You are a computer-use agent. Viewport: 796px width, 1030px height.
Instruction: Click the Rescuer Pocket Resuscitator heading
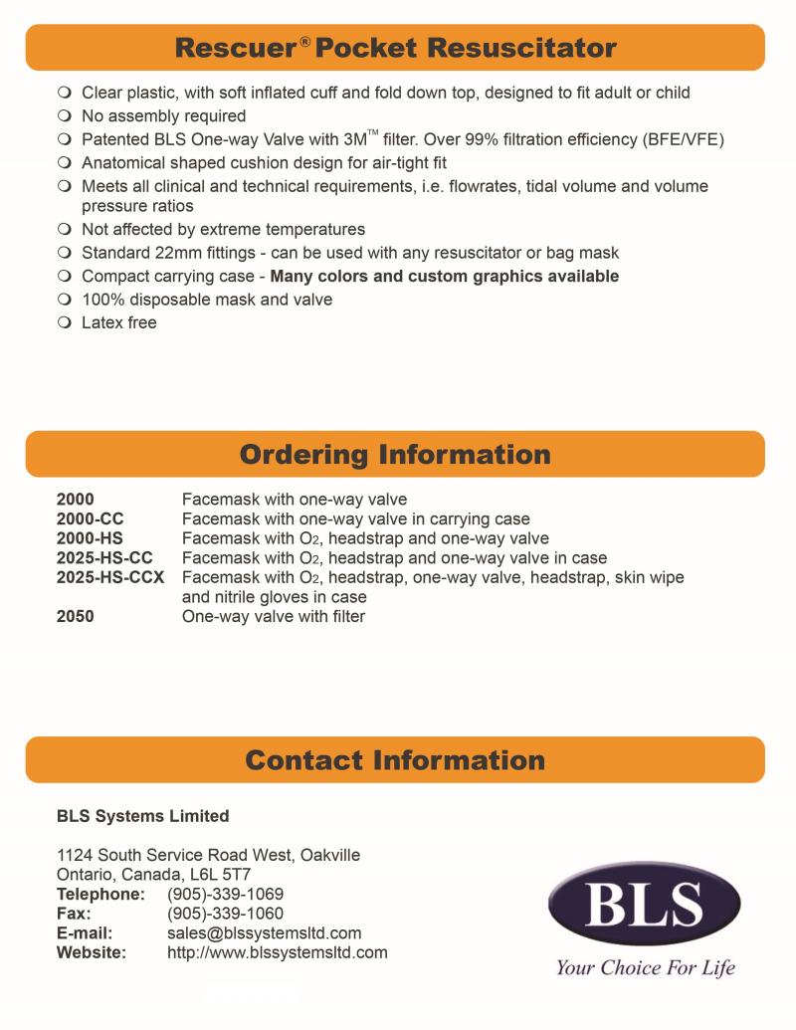pyautogui.click(x=395, y=47)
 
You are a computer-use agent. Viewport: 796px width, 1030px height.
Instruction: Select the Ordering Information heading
pyautogui.click(x=395, y=455)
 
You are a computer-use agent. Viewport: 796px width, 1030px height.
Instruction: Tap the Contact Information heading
pyautogui.click(x=395, y=760)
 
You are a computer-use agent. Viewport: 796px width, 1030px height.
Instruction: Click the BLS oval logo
pyautogui.click(x=644, y=904)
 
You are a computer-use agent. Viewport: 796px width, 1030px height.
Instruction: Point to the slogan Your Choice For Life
pyautogui.click(x=645, y=967)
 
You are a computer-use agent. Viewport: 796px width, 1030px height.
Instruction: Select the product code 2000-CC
pyautogui.click(x=91, y=518)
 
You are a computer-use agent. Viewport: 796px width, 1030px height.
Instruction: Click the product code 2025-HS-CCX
pyautogui.click(x=110, y=577)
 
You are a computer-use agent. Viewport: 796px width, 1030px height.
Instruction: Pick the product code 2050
pyautogui.click(x=76, y=616)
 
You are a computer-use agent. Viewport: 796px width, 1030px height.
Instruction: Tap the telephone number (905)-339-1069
pyautogui.click(x=225, y=894)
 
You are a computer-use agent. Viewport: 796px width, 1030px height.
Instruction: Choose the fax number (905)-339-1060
pyautogui.click(x=225, y=914)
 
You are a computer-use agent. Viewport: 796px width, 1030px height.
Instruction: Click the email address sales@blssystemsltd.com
pyautogui.click(x=264, y=933)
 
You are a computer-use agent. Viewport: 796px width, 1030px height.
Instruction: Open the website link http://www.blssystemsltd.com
pyautogui.click(x=277, y=953)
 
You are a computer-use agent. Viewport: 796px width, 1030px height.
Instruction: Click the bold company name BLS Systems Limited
pyautogui.click(x=142, y=816)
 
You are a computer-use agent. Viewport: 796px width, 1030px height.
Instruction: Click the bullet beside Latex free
pyautogui.click(x=65, y=322)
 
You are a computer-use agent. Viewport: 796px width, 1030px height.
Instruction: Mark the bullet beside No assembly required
pyautogui.click(x=65, y=116)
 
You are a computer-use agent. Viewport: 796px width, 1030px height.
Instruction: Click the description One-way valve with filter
pyautogui.click(x=274, y=616)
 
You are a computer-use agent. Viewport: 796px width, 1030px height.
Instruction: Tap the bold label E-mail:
pyautogui.click(x=85, y=933)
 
